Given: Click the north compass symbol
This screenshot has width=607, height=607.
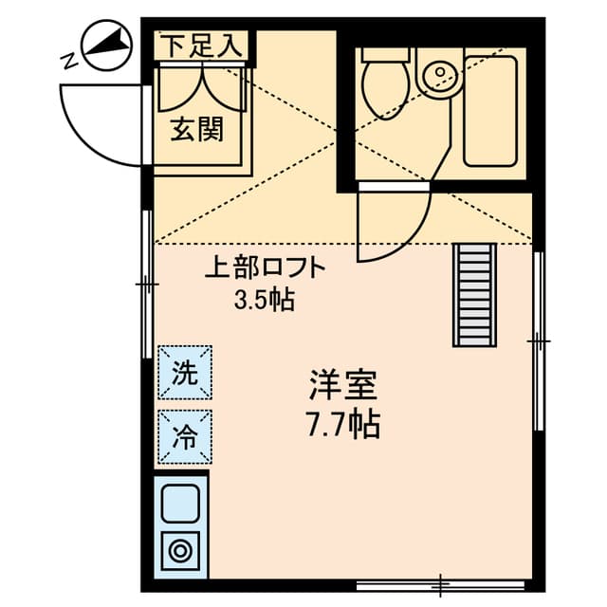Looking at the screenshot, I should (x=104, y=45).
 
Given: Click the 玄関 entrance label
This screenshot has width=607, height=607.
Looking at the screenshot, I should (x=197, y=129).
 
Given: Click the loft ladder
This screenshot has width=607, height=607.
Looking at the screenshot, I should (x=475, y=295).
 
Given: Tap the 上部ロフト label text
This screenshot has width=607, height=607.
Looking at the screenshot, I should (x=267, y=268).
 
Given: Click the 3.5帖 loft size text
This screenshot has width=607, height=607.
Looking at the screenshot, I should (x=264, y=302).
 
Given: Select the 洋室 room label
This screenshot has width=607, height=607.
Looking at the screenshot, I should (x=343, y=385).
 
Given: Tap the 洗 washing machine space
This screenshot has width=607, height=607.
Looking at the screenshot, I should (x=185, y=372).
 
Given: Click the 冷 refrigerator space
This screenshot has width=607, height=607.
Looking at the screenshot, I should (x=185, y=437).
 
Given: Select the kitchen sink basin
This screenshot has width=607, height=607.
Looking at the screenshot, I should (x=181, y=502).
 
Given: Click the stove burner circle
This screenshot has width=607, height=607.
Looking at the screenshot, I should (x=180, y=549).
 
